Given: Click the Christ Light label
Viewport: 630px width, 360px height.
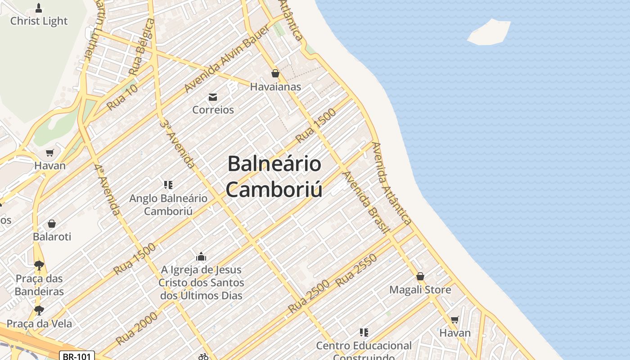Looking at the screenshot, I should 39,21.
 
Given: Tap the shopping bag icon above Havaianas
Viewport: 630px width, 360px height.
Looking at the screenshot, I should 275,73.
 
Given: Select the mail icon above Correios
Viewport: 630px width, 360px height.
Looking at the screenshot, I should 213,97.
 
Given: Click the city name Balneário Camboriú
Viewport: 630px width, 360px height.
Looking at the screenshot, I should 274,176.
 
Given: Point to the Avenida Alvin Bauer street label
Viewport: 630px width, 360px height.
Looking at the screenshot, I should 227,58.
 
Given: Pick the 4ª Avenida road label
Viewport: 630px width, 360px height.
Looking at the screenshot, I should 108,189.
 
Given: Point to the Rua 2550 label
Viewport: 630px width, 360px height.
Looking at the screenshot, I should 356,270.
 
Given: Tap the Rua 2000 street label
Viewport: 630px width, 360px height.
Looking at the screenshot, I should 137,328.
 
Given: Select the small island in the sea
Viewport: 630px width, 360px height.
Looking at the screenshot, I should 489,32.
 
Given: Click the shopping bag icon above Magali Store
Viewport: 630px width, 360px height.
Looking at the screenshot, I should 420,276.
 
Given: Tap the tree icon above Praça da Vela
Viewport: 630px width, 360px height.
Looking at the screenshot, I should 39,310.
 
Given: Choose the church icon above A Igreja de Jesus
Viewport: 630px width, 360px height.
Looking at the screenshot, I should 201,257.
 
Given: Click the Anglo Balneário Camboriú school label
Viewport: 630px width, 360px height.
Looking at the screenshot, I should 168,205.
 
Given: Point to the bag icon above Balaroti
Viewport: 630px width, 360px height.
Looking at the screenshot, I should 52,224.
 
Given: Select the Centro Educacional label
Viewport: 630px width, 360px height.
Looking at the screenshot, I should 364,346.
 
